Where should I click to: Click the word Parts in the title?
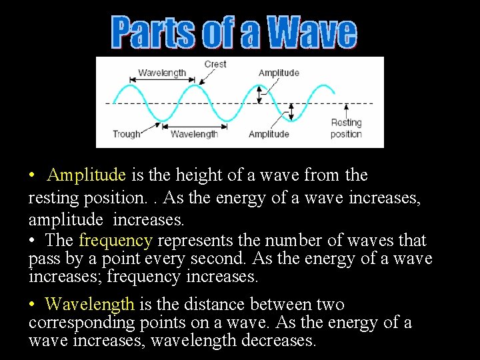click(153, 33)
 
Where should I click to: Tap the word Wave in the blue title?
click(312, 33)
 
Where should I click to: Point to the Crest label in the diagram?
click(215, 64)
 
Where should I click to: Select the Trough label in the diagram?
click(126, 134)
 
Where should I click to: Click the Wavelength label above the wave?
click(161, 72)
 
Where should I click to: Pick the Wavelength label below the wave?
click(194, 134)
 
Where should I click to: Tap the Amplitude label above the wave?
click(279, 72)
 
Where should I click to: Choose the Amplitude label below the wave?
click(269, 134)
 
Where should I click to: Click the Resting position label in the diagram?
click(346, 128)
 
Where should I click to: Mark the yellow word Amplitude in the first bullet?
click(87, 175)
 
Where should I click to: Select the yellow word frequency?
click(116, 241)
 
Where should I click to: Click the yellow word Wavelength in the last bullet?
click(89, 305)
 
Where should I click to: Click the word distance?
click(217, 305)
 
